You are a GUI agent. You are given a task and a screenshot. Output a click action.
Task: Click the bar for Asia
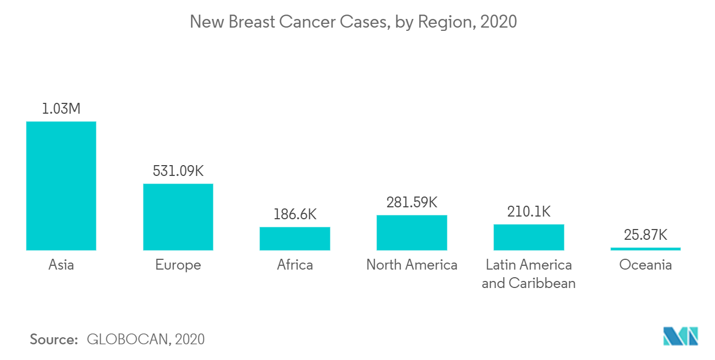[x=61, y=186]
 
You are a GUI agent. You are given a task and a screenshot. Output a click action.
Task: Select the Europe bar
[x=178, y=217]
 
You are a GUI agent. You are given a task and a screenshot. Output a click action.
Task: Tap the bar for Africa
[x=295, y=238]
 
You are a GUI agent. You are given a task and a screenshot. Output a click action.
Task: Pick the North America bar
[x=412, y=232]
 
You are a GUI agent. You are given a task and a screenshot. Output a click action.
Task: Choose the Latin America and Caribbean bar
[x=529, y=237]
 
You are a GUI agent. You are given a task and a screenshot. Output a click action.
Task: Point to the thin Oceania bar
[x=645, y=248]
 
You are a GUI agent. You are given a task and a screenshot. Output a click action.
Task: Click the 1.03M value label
[x=61, y=109]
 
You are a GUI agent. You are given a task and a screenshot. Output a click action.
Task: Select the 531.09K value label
[x=178, y=171]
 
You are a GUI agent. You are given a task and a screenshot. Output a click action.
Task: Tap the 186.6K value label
[x=295, y=214]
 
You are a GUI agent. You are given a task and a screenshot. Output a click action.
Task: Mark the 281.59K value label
[x=412, y=202]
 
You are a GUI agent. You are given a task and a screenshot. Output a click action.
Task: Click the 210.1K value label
[x=529, y=212]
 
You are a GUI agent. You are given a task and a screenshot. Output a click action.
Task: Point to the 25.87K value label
[x=645, y=235]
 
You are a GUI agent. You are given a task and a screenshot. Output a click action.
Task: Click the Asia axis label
[x=61, y=265]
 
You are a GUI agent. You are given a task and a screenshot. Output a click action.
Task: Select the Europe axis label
[x=178, y=265]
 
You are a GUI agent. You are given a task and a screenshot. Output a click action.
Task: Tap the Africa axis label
[x=295, y=265]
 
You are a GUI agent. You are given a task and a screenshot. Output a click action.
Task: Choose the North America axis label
[x=412, y=265]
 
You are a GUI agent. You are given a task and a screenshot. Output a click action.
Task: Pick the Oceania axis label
[x=645, y=265]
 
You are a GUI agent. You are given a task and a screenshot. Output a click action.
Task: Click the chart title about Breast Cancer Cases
[x=353, y=22]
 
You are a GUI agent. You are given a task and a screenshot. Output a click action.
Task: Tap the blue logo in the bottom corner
[x=680, y=336]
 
